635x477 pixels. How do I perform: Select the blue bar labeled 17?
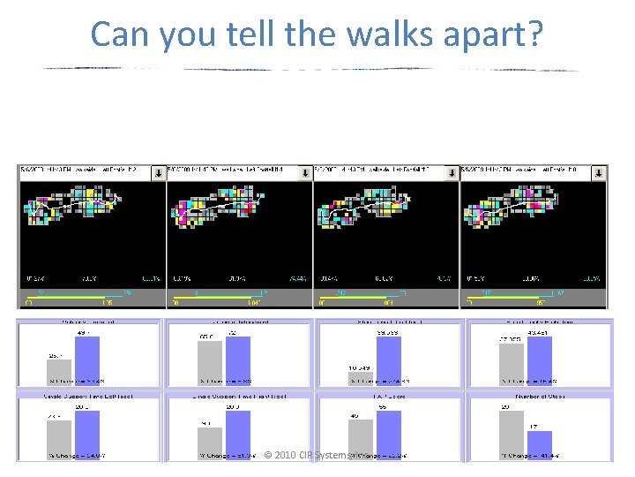539,445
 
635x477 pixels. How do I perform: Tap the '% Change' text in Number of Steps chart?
519,456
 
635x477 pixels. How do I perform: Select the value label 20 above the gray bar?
505,407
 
